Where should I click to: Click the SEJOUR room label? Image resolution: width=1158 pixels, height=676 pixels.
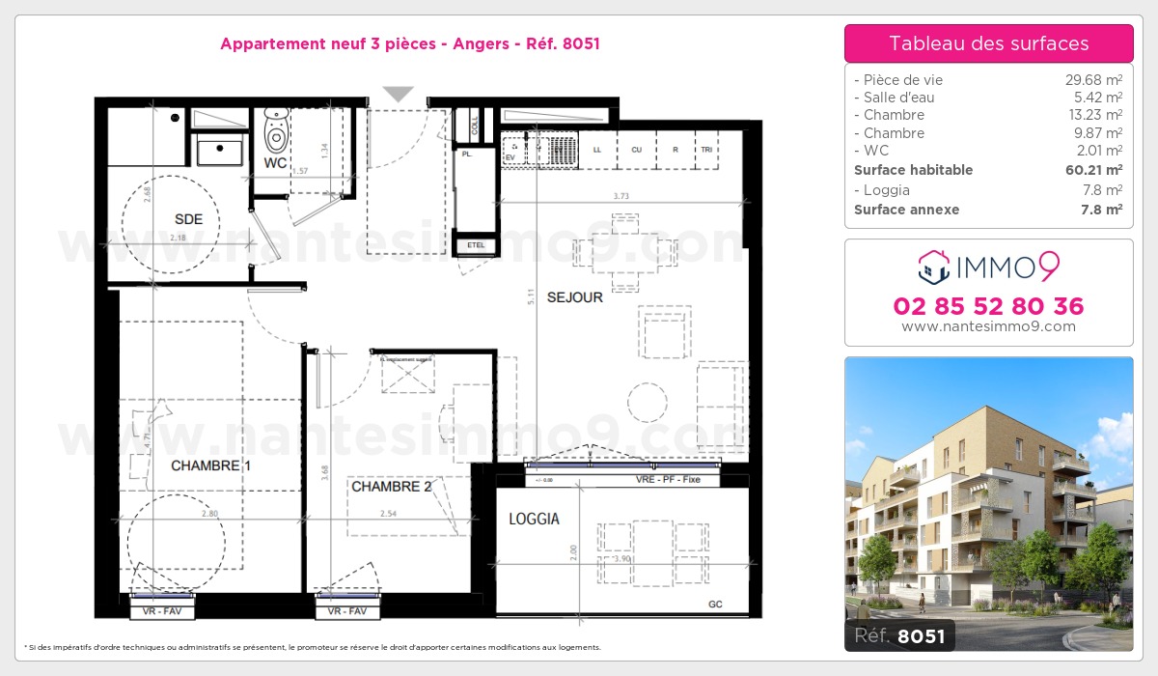(x=574, y=297)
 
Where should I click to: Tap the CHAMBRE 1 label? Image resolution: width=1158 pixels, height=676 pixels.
(x=205, y=465)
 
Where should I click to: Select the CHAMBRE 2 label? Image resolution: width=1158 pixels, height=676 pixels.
(x=391, y=487)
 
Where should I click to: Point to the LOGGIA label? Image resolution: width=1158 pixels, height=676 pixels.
(x=534, y=520)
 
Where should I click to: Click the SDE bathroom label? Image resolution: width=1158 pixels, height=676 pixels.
(x=189, y=220)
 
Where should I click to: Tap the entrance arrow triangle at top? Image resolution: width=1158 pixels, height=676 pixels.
(x=398, y=94)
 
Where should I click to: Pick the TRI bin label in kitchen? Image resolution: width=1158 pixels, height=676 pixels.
(x=707, y=150)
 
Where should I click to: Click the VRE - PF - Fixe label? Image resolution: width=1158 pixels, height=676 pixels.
(x=668, y=480)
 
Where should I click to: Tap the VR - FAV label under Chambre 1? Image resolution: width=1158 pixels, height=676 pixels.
(x=162, y=612)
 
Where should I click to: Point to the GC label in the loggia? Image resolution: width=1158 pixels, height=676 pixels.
(x=714, y=606)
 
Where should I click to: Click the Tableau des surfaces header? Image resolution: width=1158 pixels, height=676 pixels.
(x=988, y=43)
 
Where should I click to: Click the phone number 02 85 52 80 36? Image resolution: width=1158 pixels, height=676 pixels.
(x=988, y=307)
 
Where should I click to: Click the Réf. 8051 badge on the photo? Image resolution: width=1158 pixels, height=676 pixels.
(x=900, y=635)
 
